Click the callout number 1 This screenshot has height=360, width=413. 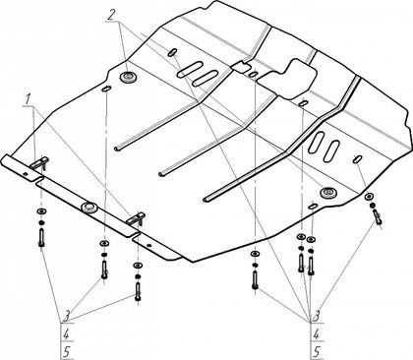[x=29, y=99]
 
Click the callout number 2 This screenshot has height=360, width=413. [x=112, y=15]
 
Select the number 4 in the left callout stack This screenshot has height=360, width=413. [x=66, y=334]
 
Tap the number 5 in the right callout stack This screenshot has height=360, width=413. [x=317, y=352]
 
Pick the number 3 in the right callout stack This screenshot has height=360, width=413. [x=317, y=316]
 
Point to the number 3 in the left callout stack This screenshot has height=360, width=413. [x=66, y=317]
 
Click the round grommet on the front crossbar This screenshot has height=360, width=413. [x=88, y=208]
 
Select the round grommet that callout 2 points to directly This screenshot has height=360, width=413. [x=129, y=77]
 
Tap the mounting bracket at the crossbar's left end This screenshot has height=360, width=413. [x=39, y=163]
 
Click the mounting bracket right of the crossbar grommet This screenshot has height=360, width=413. [x=136, y=219]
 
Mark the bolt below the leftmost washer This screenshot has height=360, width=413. [x=41, y=238]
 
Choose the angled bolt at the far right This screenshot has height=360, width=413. [x=377, y=217]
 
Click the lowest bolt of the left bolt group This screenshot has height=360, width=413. [x=138, y=291]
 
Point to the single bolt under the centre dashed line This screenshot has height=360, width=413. [x=255, y=280]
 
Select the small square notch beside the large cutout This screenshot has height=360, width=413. [x=240, y=66]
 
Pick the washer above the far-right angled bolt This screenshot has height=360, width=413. [x=369, y=197]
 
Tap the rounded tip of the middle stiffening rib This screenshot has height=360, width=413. [x=160, y=173]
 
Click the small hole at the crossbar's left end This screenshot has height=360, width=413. [x=26, y=174]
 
